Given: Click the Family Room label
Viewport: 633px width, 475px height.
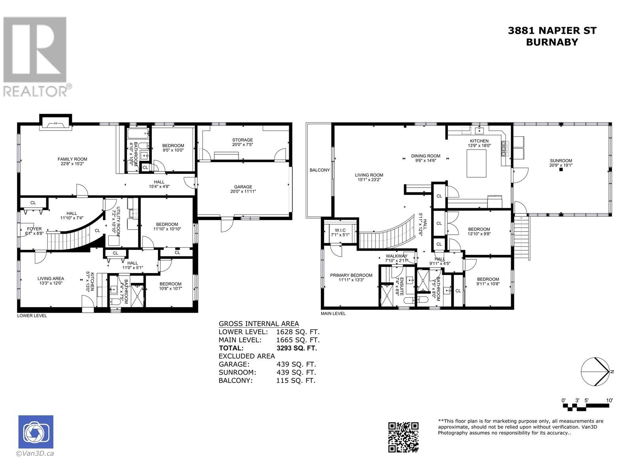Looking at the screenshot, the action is point(72,161).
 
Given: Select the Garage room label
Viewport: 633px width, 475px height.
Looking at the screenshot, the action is point(243,189).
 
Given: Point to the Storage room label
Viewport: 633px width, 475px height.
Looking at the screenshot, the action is point(243,142).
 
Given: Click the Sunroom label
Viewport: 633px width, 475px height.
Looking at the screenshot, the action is point(561,163).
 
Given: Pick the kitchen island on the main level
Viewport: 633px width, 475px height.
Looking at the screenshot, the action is point(476,163).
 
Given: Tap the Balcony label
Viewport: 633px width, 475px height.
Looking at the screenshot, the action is point(320,170).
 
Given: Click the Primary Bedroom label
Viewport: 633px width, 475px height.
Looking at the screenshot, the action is point(351,277).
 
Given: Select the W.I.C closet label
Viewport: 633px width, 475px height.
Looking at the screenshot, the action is point(340,232).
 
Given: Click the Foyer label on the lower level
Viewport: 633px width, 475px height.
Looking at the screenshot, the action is point(34,231).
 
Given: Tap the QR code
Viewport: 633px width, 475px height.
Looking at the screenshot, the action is point(403,437).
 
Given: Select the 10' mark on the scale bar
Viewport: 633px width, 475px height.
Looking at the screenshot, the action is point(609,400).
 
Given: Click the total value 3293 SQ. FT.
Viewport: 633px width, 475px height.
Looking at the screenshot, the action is point(296,348).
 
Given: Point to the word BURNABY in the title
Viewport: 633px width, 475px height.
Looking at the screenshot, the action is point(552,42).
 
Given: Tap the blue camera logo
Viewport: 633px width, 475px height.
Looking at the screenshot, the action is point(36,432).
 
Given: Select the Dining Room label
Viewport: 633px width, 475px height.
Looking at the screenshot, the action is point(426,158).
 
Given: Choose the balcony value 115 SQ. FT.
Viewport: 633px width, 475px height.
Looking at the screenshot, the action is point(296,381).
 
